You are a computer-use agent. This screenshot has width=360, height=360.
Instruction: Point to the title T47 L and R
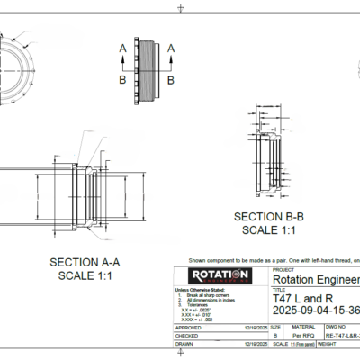coord(303,298)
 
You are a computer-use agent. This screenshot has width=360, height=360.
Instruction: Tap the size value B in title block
coord(274,337)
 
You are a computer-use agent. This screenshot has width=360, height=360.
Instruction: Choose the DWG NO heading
coord(334,328)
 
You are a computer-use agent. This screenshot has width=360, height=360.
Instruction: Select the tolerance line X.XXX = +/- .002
coord(198,319)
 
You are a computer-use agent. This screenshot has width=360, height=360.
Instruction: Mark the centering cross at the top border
coord(181,7)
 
